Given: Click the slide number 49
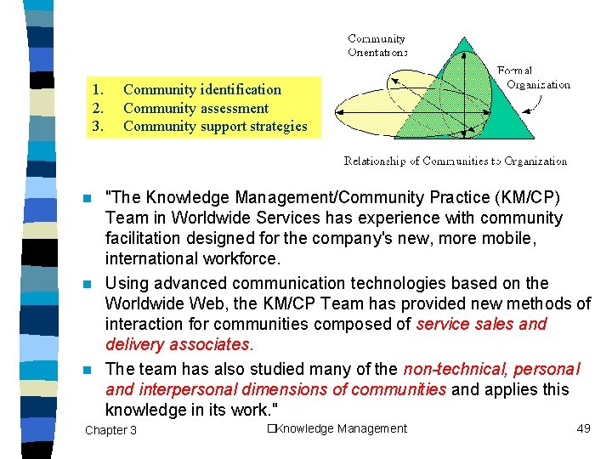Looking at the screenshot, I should pyautogui.click(x=583, y=428).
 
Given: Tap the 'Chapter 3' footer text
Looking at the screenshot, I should pyautogui.click(x=110, y=430).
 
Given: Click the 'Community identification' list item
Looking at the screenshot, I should pyautogui.click(x=201, y=89).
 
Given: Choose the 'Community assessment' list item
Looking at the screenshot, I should pyautogui.click(x=195, y=108).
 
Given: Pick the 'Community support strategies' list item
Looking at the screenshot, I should pyautogui.click(x=215, y=127).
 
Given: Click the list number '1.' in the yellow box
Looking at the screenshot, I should pyautogui.click(x=99, y=89).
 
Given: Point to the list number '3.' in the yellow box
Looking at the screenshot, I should pyautogui.click(x=99, y=127).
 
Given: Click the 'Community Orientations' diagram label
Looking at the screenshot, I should pyautogui.click(x=377, y=44).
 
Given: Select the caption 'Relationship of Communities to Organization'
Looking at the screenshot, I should pyautogui.click(x=455, y=161).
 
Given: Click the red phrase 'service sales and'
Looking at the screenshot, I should pyautogui.click(x=481, y=324).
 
